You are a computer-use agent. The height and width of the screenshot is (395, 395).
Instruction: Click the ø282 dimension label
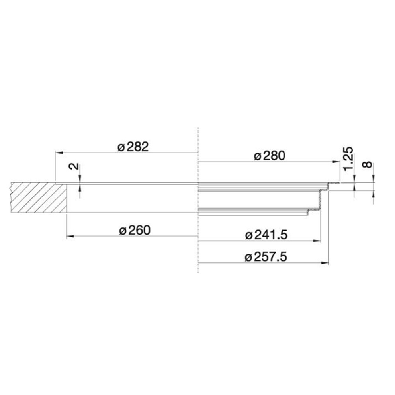pos(133,147)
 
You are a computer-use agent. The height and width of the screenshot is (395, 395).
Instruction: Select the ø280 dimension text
pos(270,156)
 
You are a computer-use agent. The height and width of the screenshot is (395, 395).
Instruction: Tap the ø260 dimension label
pos(135,230)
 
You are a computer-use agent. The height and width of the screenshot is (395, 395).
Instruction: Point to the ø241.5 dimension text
pos(266,235)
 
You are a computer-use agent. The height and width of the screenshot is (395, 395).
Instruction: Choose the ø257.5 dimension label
pos(266,257)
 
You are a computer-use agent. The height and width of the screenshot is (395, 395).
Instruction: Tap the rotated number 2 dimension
pos(74,166)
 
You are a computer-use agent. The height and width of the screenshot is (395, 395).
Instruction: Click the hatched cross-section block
pos(39,198)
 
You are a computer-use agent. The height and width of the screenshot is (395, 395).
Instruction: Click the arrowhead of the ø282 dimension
pos(59,153)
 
